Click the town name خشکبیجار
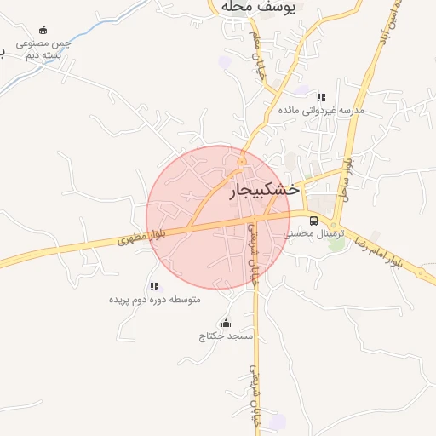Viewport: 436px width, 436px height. point(265,192)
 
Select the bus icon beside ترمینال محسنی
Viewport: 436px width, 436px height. point(314,221)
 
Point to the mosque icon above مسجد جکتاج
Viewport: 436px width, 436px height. point(226,323)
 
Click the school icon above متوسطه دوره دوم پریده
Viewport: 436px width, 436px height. point(154,287)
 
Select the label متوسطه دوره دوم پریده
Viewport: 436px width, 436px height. point(154,300)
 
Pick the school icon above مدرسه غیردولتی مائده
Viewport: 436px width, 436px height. point(321,97)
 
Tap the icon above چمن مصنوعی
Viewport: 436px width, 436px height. point(43,30)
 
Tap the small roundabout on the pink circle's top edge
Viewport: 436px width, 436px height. point(242,161)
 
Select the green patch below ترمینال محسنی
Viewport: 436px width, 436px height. point(338,244)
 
